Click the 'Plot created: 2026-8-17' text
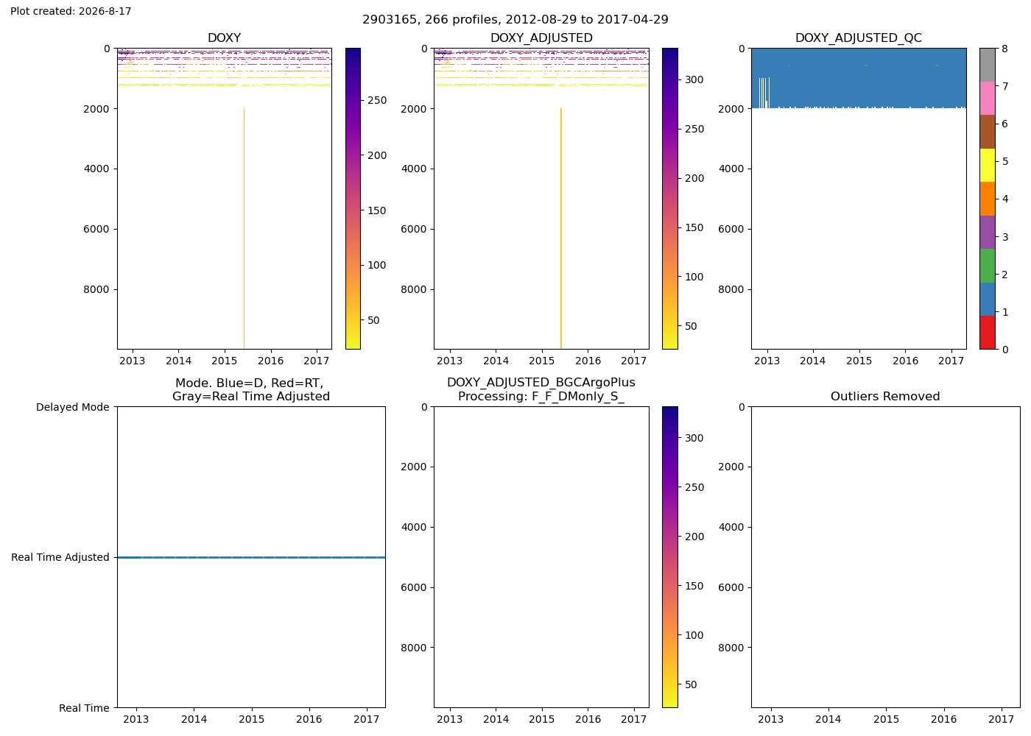[71, 11]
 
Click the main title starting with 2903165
[515, 19]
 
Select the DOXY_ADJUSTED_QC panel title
[859, 38]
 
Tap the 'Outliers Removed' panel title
[885, 397]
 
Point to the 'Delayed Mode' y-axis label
[73, 407]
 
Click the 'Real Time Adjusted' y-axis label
[60, 558]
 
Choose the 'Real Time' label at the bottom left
[84, 708]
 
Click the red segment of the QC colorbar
[988, 333]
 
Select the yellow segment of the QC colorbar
[988, 165]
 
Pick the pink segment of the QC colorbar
[988, 99]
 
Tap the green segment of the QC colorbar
[988, 266]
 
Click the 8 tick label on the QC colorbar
[1004, 49]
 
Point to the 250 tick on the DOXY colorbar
[377, 100]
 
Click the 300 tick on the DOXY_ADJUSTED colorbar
[694, 79]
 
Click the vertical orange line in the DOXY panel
[244, 229]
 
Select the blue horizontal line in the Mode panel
[251, 558]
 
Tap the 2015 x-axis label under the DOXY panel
[224, 361]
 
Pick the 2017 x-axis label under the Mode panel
[367, 719]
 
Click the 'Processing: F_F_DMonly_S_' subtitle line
[541, 397]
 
